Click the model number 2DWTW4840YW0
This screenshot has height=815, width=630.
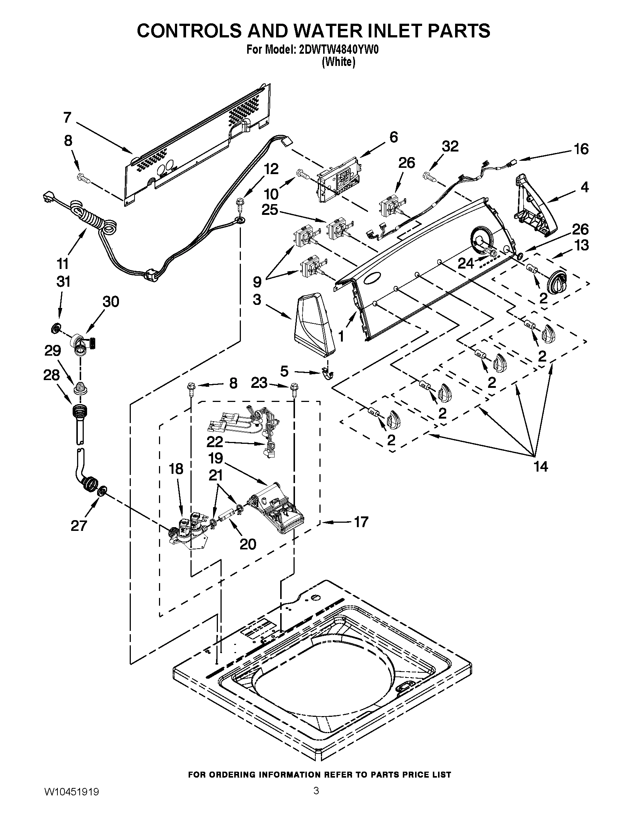click(339, 50)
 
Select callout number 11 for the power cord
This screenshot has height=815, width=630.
click(63, 263)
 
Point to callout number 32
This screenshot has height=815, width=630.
click(450, 146)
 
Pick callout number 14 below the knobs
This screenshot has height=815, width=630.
click(541, 466)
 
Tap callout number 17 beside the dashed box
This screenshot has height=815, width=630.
click(361, 521)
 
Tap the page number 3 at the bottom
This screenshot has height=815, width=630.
click(316, 798)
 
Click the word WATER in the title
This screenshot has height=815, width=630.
click(334, 31)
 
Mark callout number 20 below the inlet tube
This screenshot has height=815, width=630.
click(248, 544)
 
